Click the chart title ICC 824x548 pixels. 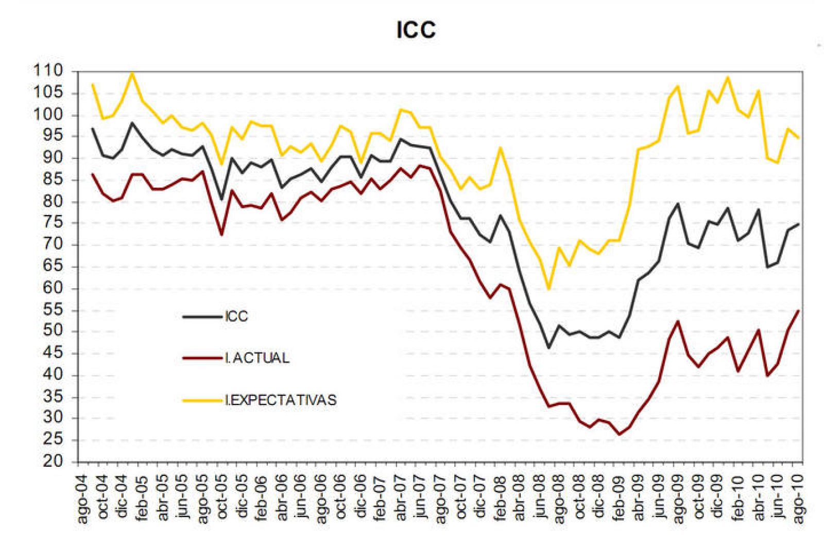[416, 29]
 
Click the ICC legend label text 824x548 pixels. [236, 316]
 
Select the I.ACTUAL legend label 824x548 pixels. [257, 358]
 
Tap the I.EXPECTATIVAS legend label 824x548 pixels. [281, 400]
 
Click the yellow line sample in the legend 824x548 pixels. [202, 400]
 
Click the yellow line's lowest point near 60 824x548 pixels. [549, 289]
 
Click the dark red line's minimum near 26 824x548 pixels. [620, 435]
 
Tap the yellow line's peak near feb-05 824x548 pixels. [132, 73]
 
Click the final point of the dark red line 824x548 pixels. [799, 310]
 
